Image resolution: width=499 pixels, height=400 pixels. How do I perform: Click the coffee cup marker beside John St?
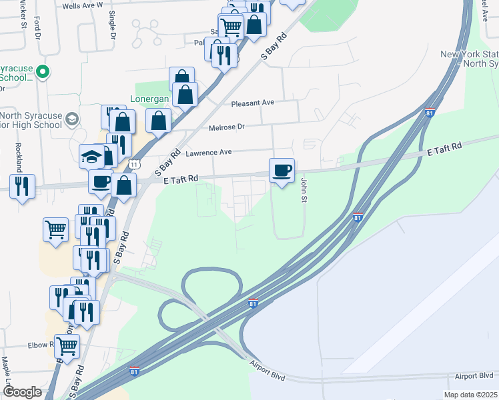(x=282, y=170)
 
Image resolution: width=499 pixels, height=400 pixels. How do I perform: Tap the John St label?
(x=304, y=190)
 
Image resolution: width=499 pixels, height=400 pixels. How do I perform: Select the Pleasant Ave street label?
(x=253, y=103)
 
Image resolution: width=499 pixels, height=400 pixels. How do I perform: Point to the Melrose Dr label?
(x=227, y=127)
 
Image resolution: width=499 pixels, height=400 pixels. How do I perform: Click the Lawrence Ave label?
(x=208, y=153)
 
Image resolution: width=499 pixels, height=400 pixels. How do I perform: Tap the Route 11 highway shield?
(x=135, y=163)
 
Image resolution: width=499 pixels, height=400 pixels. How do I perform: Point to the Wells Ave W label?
(x=83, y=5)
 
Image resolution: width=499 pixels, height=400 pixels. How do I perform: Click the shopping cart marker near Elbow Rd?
(x=67, y=345)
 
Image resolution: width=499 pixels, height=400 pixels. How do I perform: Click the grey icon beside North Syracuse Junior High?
(x=71, y=121)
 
